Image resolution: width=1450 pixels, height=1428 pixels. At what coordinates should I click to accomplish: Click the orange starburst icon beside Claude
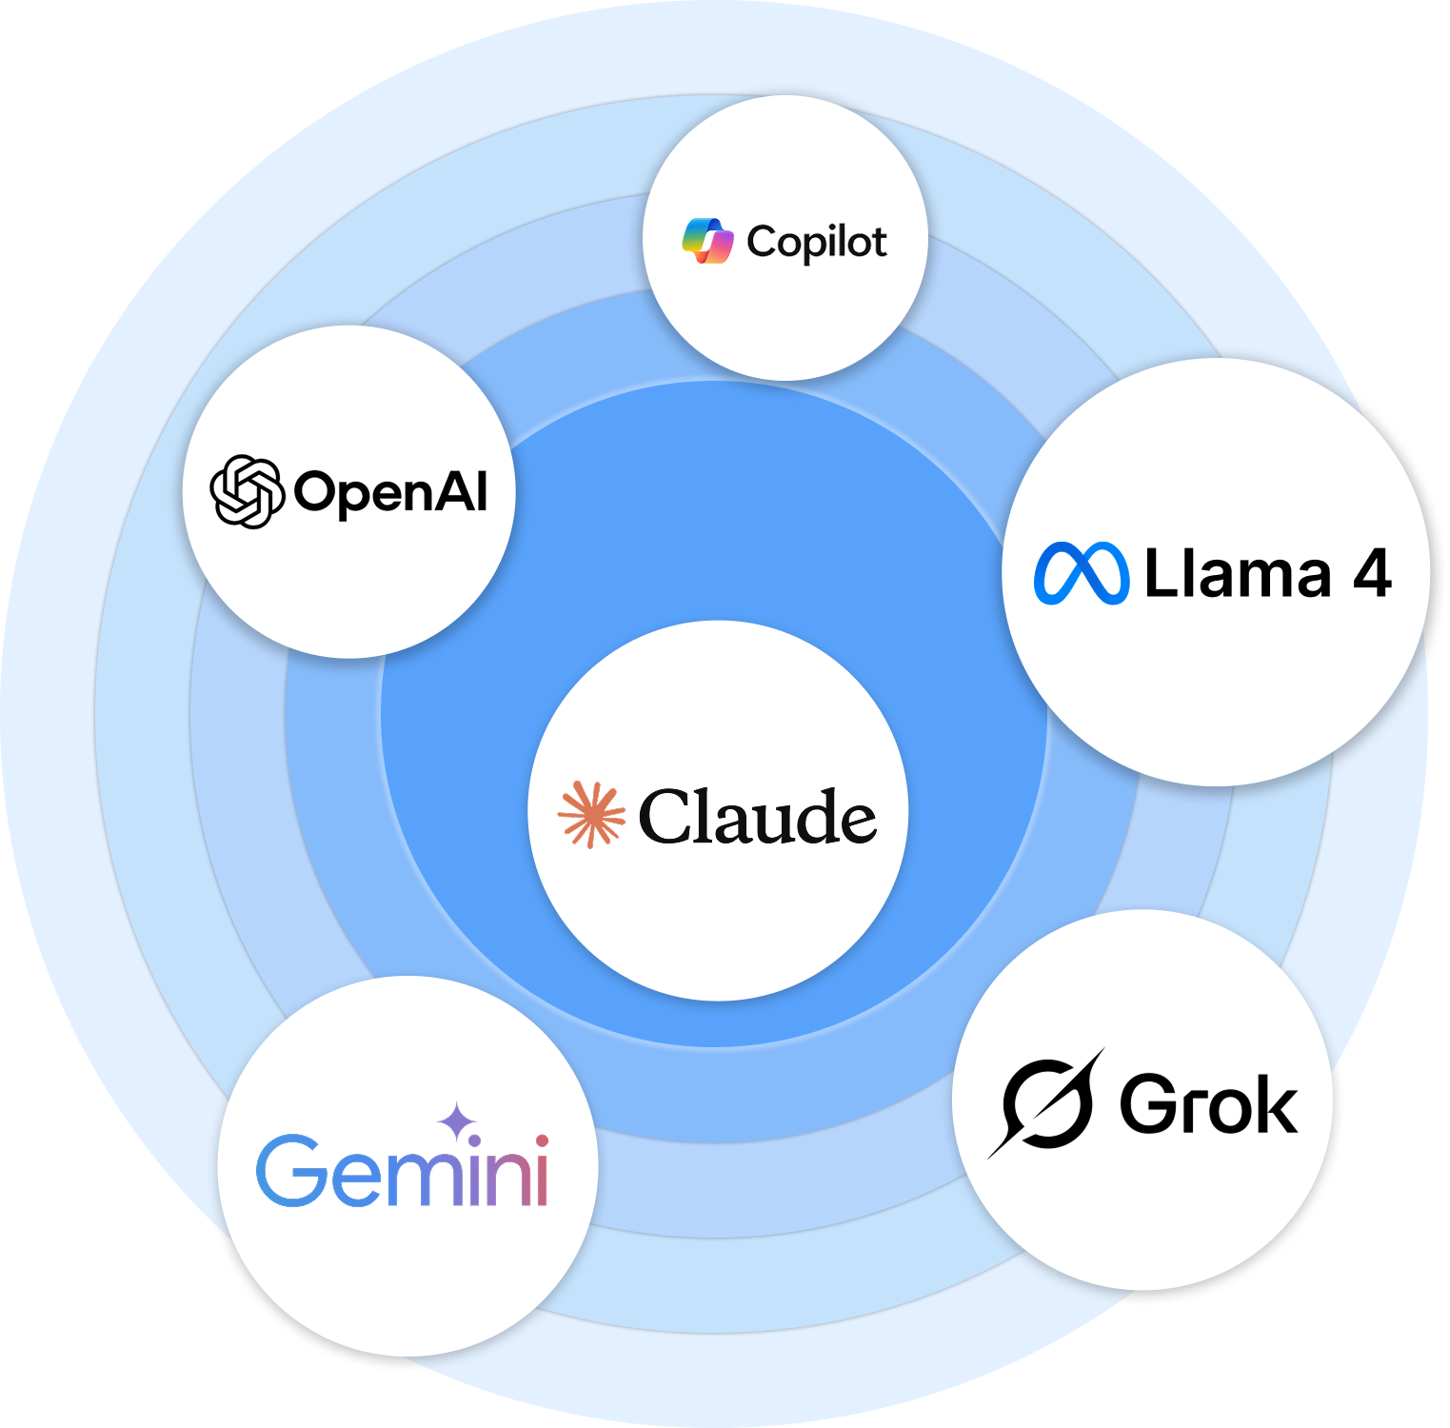[x=591, y=815]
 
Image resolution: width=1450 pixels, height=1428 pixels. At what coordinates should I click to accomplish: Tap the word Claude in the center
[x=757, y=817]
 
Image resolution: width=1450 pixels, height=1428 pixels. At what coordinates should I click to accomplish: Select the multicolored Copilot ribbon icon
[x=708, y=241]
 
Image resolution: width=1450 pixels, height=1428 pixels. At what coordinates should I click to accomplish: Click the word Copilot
[x=817, y=243]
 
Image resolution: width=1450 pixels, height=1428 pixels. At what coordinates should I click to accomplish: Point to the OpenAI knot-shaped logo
[x=247, y=491]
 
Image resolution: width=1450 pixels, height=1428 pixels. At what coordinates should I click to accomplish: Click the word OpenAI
[x=390, y=492]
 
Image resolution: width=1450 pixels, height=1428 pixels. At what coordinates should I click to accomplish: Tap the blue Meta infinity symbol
[x=1082, y=573]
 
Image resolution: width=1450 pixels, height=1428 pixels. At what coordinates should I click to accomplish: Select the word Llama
[x=1237, y=574]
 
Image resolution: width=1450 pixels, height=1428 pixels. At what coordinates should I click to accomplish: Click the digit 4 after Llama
[x=1372, y=573]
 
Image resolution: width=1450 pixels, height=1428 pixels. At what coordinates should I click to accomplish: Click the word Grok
[x=1208, y=1104]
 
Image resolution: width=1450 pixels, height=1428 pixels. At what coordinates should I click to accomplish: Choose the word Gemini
[x=403, y=1171]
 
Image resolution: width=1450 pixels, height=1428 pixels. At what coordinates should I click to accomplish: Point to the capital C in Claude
[x=669, y=817]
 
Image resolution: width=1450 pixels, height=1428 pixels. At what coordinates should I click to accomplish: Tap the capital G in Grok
[x=1149, y=1104]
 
